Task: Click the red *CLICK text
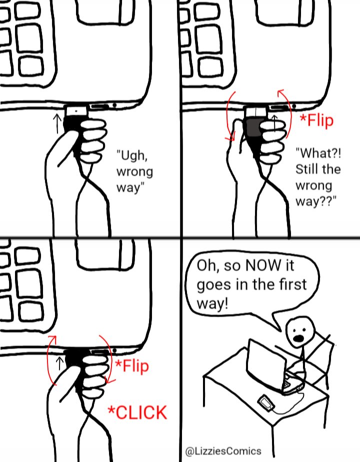(x=137, y=412)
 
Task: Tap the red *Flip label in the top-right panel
(x=316, y=120)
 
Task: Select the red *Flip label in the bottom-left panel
(x=132, y=366)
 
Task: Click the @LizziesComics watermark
(x=223, y=451)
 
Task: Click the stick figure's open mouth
(x=298, y=338)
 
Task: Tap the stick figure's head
(x=300, y=332)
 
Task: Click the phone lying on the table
(x=266, y=403)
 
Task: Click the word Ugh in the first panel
(x=131, y=155)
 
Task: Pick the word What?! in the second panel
(x=318, y=153)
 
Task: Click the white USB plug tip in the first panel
(x=76, y=111)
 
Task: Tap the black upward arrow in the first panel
(x=57, y=123)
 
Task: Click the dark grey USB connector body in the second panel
(x=253, y=127)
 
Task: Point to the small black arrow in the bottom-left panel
(x=59, y=363)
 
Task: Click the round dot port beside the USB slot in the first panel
(x=114, y=105)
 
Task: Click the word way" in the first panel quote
(x=130, y=187)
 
